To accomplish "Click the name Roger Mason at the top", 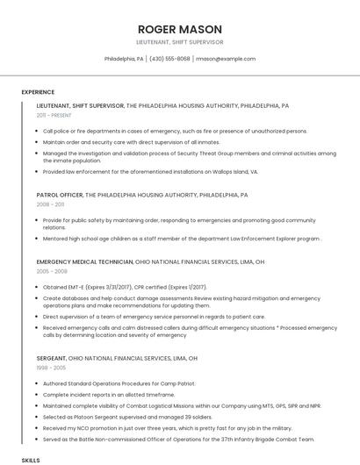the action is pos(179,29).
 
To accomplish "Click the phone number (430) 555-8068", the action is pos(169,59).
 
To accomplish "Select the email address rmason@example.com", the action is pos(225,59).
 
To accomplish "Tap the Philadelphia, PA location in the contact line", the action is pos(124,59).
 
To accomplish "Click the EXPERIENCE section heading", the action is pos(38,92).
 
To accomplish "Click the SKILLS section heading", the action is pos(31,460).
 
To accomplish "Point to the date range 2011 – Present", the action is pos(54,115).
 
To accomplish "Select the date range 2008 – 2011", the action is pos(51,204).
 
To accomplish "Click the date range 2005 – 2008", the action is pos(51,270).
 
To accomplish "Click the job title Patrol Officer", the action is pos(60,195).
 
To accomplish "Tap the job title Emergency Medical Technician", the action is pos(85,261).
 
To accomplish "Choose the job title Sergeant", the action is pos(51,359).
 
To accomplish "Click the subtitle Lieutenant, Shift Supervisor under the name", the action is pos(179,42).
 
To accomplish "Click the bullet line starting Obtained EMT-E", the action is pos(125,287).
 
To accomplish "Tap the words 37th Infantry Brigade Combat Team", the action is pos(271,439).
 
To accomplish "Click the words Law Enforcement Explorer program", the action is pos(274,238).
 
